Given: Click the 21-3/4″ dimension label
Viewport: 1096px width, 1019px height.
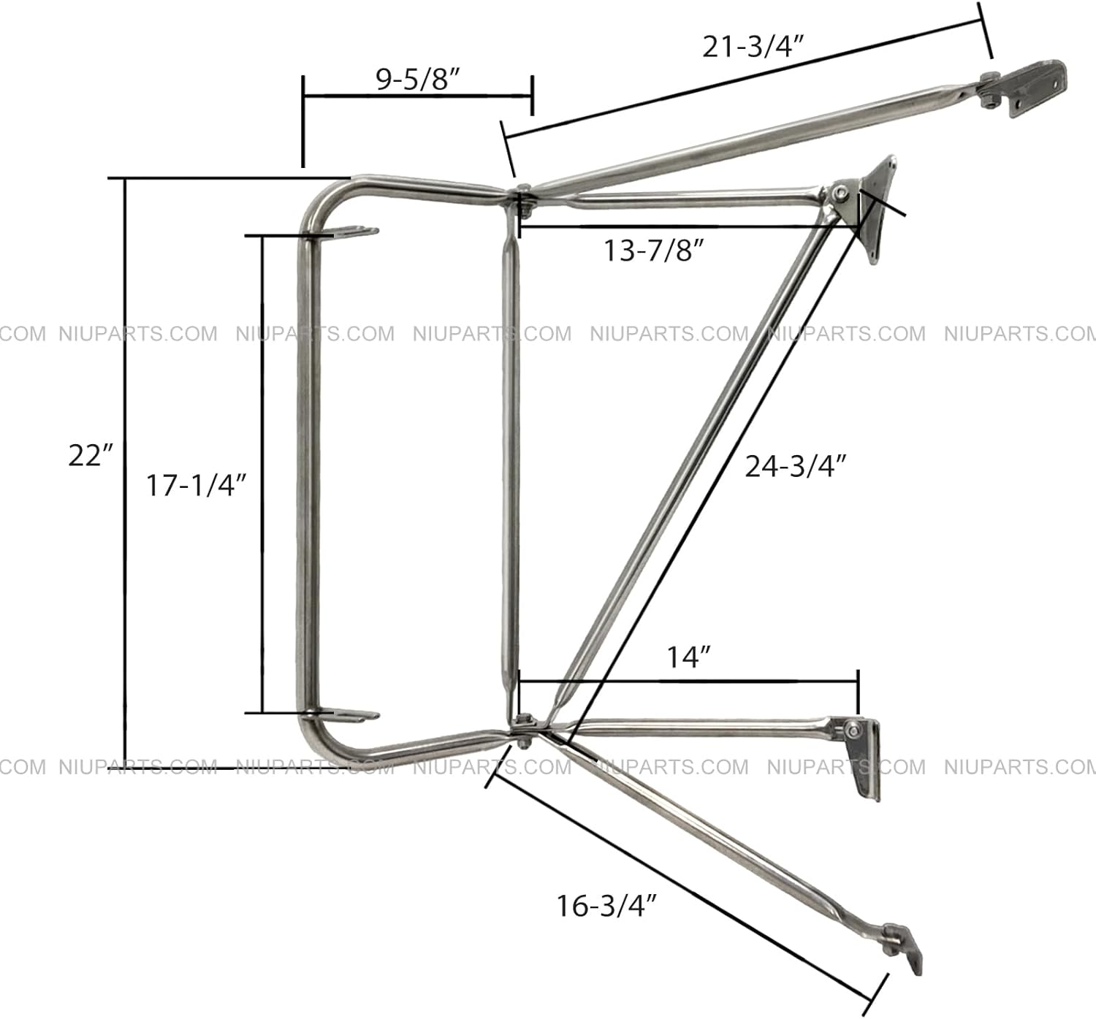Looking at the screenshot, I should point(753,47).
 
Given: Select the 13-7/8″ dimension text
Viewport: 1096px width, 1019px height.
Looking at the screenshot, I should point(653,251).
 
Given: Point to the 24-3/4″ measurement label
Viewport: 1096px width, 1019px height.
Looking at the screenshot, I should point(796,466).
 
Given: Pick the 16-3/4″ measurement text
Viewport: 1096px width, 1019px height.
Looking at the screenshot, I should point(607,906).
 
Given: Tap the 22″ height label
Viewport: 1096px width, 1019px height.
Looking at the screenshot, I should point(91,455).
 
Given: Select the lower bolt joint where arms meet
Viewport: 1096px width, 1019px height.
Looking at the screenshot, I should point(523,728).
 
